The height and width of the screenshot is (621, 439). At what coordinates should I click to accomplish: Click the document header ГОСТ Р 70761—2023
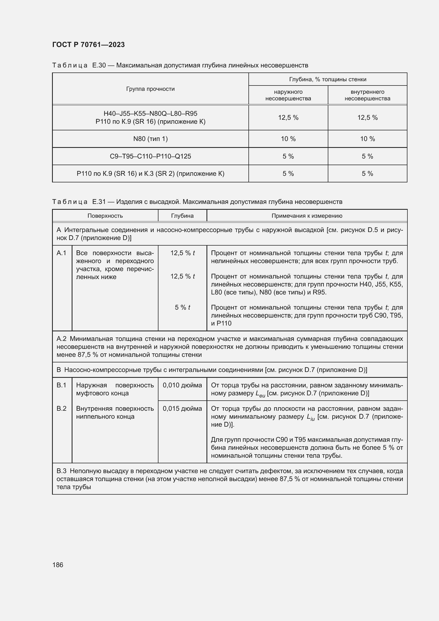pyautogui.click(x=88, y=45)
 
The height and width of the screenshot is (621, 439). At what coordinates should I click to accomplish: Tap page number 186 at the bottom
pyautogui.click(x=58, y=565)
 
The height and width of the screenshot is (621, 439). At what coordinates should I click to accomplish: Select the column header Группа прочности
pyautogui.click(x=150, y=89)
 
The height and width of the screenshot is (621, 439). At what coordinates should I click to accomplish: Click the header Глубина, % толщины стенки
pyautogui.click(x=328, y=79)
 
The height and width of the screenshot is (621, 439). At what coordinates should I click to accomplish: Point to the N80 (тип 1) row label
pyautogui.click(x=150, y=139)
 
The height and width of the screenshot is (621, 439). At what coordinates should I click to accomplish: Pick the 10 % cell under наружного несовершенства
pyautogui.click(x=288, y=139)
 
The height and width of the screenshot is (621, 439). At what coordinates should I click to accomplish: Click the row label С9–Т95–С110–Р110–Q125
pyautogui.click(x=150, y=156)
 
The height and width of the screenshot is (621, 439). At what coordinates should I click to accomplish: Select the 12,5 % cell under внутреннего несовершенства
pyautogui.click(x=367, y=117)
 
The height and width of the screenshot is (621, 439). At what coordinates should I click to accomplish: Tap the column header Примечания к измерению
pyautogui.click(x=307, y=216)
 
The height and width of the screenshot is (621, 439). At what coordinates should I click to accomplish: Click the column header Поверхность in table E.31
pyautogui.click(x=105, y=216)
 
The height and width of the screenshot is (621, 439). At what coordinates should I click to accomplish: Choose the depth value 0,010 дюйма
pyautogui.click(x=182, y=385)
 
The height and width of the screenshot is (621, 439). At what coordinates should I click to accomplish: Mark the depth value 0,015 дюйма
pyautogui.click(x=182, y=408)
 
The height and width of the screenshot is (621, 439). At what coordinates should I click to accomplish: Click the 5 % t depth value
pyautogui.click(x=182, y=307)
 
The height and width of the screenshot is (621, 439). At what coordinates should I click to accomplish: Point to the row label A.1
pyautogui.click(x=62, y=253)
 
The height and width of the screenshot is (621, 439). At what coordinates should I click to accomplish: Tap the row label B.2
pyautogui.click(x=62, y=408)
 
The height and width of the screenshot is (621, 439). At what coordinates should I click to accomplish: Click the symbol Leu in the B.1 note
pyautogui.click(x=260, y=394)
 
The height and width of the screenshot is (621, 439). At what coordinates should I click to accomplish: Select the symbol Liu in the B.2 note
pyautogui.click(x=311, y=417)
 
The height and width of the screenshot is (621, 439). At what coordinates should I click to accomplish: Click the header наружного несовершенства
pyautogui.click(x=288, y=95)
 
